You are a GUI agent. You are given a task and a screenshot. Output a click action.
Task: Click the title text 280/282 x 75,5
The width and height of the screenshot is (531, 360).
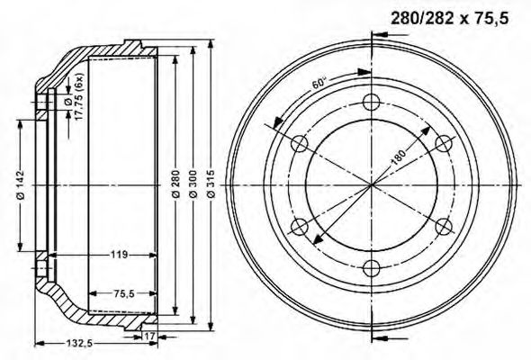(449, 19)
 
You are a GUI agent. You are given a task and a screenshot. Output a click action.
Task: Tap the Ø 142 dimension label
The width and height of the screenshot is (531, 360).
(21, 184)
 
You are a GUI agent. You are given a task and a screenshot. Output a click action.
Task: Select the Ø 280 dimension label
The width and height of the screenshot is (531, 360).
(175, 184)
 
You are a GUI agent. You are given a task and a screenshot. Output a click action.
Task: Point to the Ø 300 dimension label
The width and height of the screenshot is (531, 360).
(193, 184)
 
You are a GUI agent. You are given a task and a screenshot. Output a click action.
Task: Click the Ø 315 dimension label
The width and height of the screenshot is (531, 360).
(211, 184)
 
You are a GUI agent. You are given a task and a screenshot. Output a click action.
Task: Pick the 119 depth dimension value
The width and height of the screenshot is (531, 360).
(119, 254)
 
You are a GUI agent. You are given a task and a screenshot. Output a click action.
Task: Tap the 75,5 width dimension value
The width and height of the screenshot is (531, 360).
(122, 293)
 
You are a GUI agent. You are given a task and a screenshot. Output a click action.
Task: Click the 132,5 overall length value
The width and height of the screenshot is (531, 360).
(78, 344)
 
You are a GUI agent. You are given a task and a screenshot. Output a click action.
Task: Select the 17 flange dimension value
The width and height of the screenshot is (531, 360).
(149, 337)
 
